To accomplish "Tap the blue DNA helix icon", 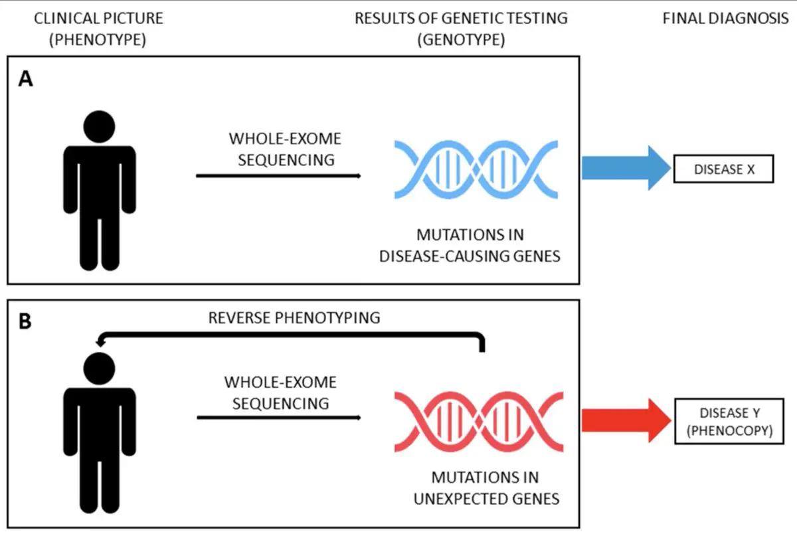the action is click(476, 169).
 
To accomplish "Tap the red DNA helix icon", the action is click(479, 422).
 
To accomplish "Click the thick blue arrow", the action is click(626, 168).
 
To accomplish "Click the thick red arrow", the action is click(626, 420).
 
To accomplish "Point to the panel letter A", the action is click(26, 78).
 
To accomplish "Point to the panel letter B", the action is click(25, 321).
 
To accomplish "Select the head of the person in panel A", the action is click(99, 127).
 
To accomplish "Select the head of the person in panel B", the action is click(99, 369).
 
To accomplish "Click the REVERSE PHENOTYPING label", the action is click(294, 317).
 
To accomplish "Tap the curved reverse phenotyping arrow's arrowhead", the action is click(100, 342).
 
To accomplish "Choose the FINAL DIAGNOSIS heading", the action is click(726, 18).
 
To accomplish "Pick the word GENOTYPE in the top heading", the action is click(461, 39).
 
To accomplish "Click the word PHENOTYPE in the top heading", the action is click(98, 39).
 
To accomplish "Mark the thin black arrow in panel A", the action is click(278, 176).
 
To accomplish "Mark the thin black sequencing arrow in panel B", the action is click(279, 418).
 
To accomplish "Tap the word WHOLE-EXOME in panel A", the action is click(285, 138).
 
